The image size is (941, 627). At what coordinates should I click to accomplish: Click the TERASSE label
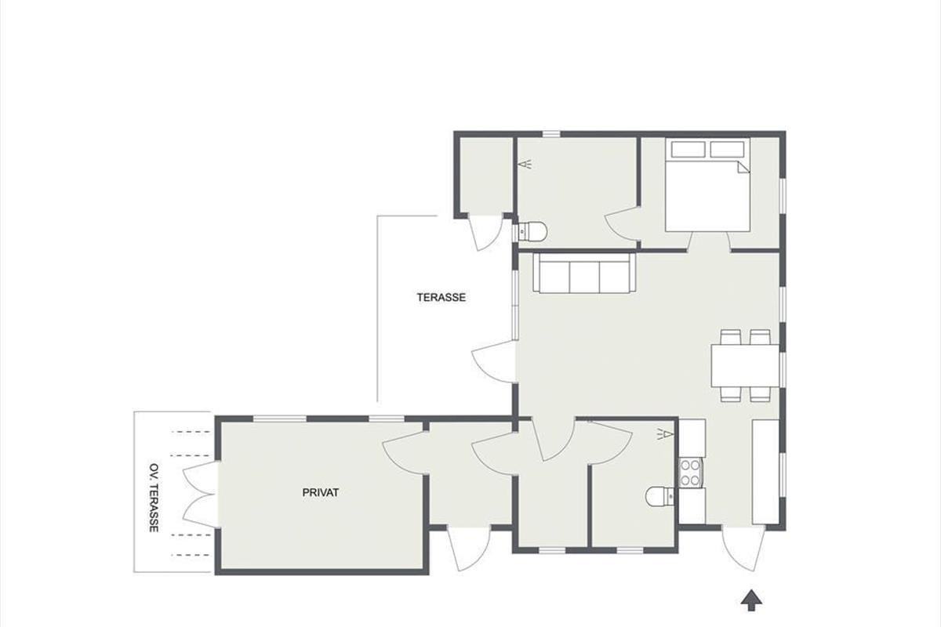[441, 297]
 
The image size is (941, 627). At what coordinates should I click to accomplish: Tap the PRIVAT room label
[321, 493]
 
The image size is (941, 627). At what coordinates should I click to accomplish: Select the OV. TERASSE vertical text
[154, 498]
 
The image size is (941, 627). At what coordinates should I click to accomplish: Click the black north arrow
[751, 601]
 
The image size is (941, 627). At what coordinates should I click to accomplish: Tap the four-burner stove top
[691, 473]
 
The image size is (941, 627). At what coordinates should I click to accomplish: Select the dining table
[745, 366]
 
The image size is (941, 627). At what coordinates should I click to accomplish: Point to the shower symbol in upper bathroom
[525, 164]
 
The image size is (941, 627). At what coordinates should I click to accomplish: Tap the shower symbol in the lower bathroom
[666, 434]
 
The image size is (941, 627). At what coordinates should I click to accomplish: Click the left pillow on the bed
[688, 149]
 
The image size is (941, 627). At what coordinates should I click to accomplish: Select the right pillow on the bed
[727, 149]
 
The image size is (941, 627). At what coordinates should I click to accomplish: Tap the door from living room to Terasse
[494, 362]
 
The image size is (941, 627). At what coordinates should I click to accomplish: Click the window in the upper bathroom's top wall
[551, 134]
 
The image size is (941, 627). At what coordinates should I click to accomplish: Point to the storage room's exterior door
[485, 232]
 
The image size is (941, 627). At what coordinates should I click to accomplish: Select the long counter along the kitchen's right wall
[765, 471]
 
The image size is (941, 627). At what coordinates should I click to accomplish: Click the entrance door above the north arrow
[743, 548]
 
